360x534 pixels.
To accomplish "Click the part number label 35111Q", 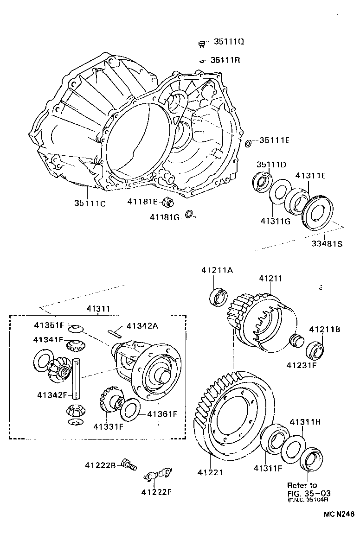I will tap(229, 42).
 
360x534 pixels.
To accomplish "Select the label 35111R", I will tap(225, 60).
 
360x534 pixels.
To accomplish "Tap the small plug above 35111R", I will tap(201, 44).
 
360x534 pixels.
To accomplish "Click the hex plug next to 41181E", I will tap(169, 202).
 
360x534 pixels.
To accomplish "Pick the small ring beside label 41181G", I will tap(188, 214).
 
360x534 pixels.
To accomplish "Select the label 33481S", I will tap(326, 243).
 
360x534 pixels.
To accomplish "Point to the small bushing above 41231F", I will tap(295, 343).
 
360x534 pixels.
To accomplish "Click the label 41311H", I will tap(305, 422).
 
